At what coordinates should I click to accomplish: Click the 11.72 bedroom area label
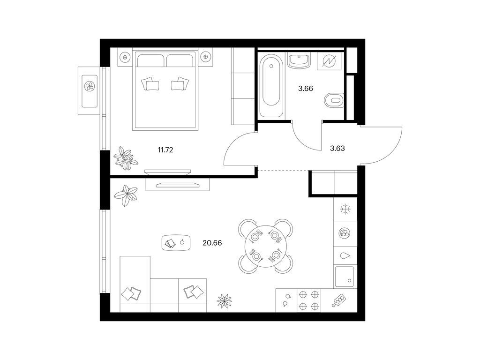(165, 150)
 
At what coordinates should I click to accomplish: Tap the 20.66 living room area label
(212, 243)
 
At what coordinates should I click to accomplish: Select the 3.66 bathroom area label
(306, 89)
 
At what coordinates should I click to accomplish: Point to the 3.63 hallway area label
(337, 149)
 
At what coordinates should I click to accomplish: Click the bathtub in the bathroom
(270, 86)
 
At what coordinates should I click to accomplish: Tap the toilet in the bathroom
(334, 100)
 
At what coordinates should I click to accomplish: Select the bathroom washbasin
(299, 60)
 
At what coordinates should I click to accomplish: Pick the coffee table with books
(176, 243)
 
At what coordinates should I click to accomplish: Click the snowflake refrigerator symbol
(345, 210)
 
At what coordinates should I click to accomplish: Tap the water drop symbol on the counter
(345, 256)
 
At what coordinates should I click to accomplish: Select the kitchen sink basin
(345, 277)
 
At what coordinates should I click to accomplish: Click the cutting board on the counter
(339, 300)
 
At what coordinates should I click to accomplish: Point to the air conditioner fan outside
(90, 87)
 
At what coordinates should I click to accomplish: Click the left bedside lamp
(125, 57)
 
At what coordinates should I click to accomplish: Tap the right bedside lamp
(205, 57)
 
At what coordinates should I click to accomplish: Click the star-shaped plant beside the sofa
(225, 300)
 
